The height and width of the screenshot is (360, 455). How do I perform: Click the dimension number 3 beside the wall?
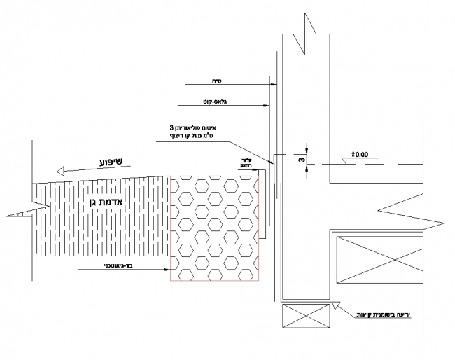pos(300,160)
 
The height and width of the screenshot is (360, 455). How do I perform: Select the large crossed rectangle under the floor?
pos(379,261)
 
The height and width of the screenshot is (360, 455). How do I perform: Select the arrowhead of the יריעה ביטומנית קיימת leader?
pos(335,303)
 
